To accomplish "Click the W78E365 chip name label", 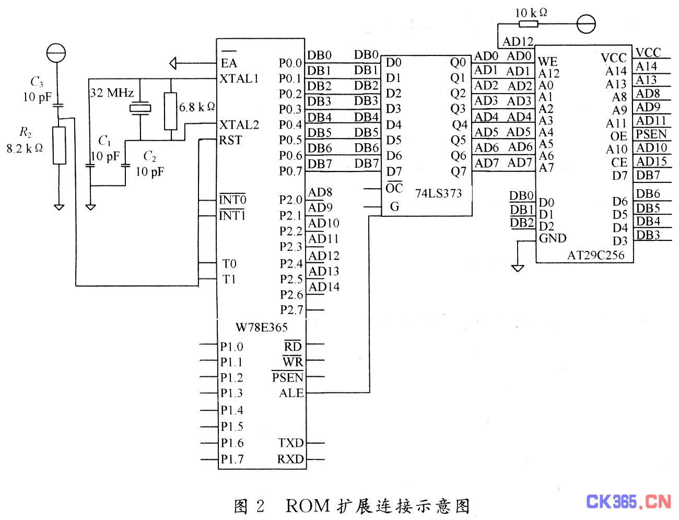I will click(261, 328).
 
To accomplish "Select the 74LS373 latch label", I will click(438, 193).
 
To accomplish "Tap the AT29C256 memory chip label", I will click(595, 255).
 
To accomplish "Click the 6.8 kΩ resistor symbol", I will click(170, 111).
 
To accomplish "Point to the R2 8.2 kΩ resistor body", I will click(60, 145).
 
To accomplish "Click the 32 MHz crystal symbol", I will click(140, 109).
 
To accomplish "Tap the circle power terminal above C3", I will click(56, 52).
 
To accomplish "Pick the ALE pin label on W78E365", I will click(291, 393).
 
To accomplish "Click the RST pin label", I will click(230, 140).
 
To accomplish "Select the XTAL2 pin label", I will click(239, 124).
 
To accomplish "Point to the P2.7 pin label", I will click(291, 310).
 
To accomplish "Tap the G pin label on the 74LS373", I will click(394, 206).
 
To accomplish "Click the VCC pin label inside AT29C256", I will click(613, 57).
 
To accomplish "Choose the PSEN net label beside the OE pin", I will click(651, 134).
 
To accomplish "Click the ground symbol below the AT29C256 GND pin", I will click(518, 268).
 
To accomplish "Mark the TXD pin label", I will click(290, 443).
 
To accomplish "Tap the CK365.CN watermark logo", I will click(628, 502).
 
